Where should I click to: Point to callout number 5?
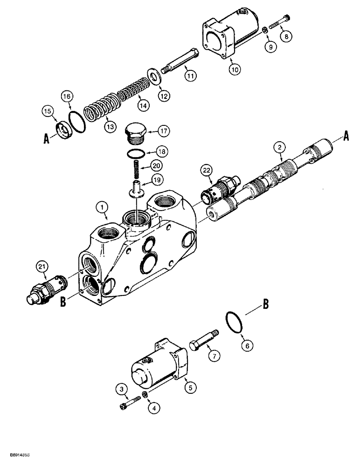[189, 385]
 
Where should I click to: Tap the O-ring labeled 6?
[233, 323]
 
